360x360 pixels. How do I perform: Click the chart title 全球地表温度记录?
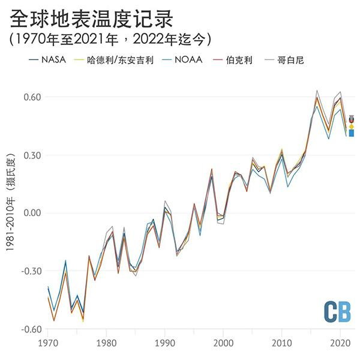tap(91, 19)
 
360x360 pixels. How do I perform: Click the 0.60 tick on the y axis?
tap(31, 97)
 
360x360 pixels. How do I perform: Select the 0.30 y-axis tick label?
tap(31, 155)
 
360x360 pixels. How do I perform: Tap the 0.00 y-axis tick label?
tap(31, 213)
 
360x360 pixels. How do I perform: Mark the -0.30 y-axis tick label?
tap(29, 271)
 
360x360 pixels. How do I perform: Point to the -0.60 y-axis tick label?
tap(29, 329)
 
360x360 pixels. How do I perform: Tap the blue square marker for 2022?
tap(352, 133)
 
